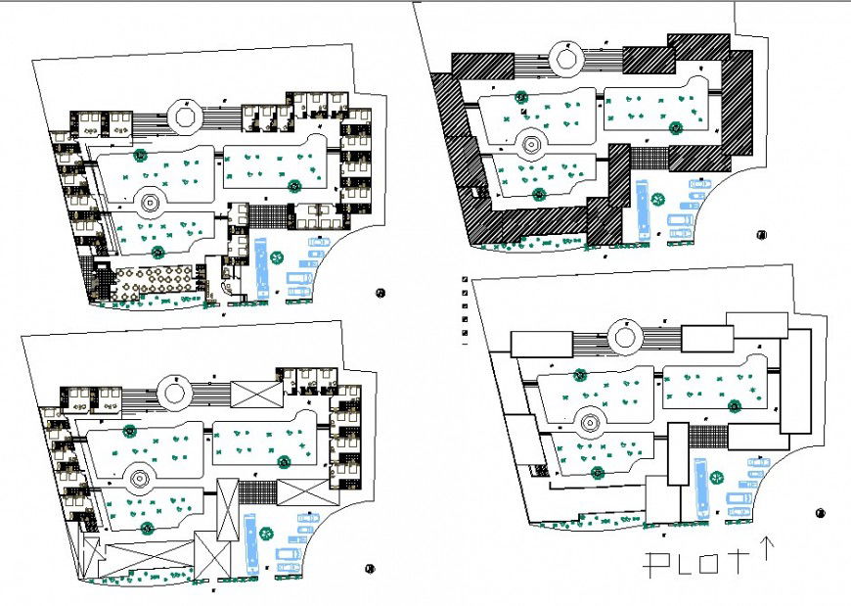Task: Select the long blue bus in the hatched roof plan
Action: [x=643, y=208]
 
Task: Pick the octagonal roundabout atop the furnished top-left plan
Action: [x=184, y=115]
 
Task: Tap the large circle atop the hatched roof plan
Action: [x=565, y=58]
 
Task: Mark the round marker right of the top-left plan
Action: [x=381, y=292]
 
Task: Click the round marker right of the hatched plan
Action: [x=761, y=234]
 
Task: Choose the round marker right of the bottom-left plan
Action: [x=369, y=568]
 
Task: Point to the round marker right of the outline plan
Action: [x=820, y=512]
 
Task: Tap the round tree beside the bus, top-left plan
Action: [x=278, y=258]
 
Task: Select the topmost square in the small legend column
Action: [x=465, y=280]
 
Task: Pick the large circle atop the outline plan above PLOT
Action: [x=625, y=339]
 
